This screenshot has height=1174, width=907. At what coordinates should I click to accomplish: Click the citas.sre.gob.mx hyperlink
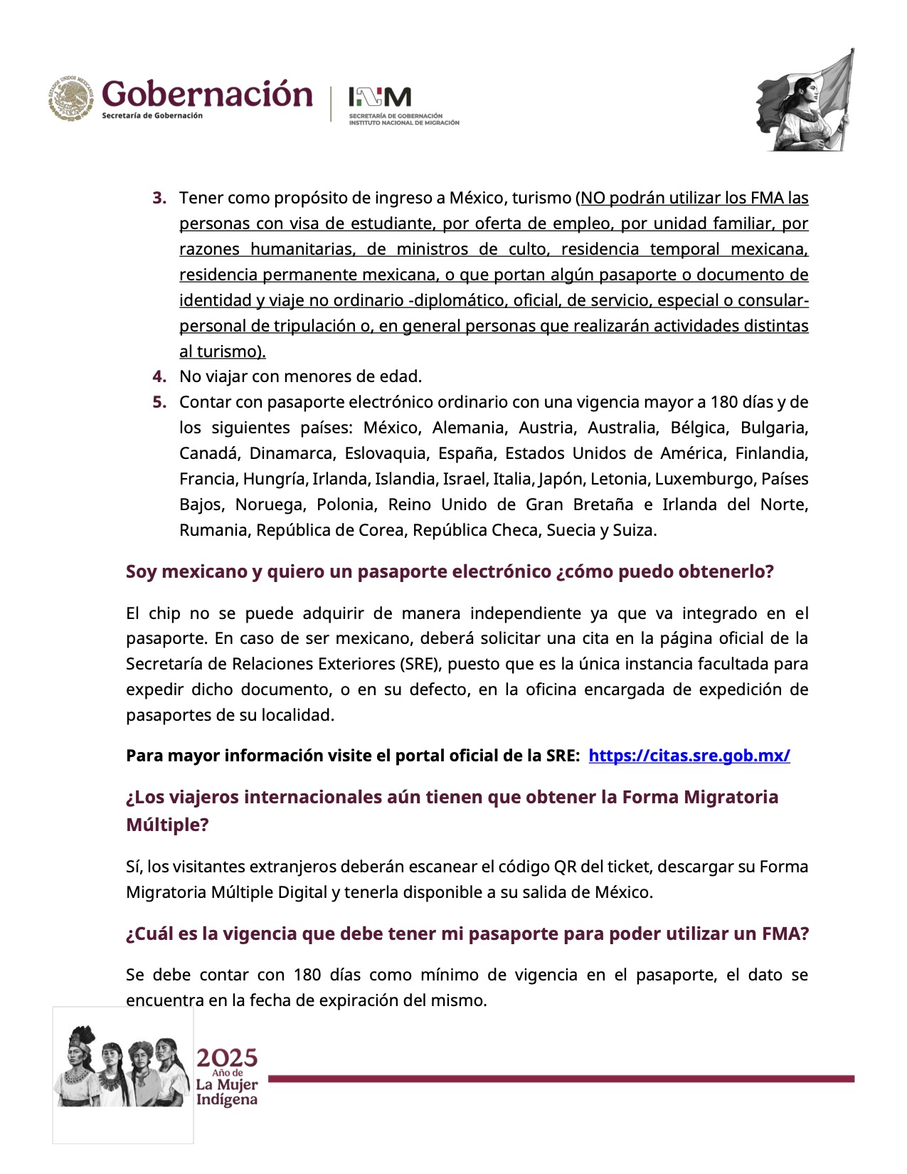(689, 756)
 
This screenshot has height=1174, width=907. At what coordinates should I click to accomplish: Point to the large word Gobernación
(207, 95)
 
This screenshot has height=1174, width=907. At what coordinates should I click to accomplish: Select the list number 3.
(159, 198)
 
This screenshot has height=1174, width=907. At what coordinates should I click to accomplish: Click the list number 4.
(159, 376)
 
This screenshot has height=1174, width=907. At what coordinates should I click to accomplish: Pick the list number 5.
(159, 402)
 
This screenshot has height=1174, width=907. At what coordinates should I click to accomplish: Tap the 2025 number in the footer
(227, 1058)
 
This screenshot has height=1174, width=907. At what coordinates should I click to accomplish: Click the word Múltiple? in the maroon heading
(167, 825)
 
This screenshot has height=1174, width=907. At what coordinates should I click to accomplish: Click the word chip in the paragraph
(164, 613)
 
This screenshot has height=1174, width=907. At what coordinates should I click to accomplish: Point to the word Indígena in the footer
(227, 1099)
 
